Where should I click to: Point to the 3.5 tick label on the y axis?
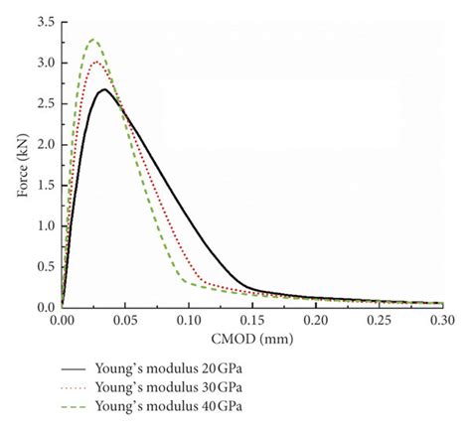click(44, 21)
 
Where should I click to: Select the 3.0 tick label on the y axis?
click(44, 62)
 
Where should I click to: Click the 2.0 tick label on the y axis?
click(44, 144)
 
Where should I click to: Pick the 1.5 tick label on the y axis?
click(44, 185)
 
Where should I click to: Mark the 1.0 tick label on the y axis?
click(44, 225)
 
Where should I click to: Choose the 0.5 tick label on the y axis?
click(44, 266)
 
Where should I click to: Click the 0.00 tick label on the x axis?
click(62, 322)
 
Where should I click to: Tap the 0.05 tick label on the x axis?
click(125, 322)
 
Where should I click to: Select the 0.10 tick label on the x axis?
click(189, 322)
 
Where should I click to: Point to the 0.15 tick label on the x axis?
click(252, 322)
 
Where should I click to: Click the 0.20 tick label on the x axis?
click(316, 322)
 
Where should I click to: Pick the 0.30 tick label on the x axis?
click(442, 322)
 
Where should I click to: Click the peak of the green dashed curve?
click(93, 39)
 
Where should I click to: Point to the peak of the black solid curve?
click(104, 89)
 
